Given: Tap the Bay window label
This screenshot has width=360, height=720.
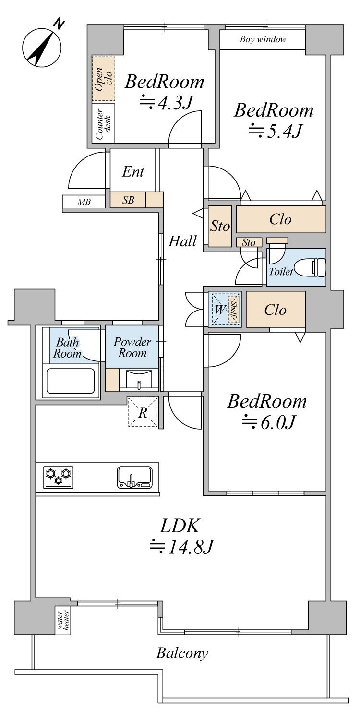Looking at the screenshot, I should [263, 39].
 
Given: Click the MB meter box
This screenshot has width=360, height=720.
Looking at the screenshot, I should [84, 202].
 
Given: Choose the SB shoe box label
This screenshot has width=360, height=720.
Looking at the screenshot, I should [128, 200].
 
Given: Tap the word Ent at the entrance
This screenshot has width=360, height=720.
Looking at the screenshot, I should [133, 171].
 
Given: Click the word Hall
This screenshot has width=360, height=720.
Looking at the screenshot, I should [182, 241].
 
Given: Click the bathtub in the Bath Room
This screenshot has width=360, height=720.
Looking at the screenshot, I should [70, 381].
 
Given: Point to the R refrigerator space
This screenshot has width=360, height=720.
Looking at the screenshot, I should [143, 412].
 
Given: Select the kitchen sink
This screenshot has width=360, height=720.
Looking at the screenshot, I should [134, 478].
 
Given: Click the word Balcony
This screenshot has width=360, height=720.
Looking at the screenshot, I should [182, 653].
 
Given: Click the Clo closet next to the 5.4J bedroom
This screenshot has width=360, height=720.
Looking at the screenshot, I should [281, 219].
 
